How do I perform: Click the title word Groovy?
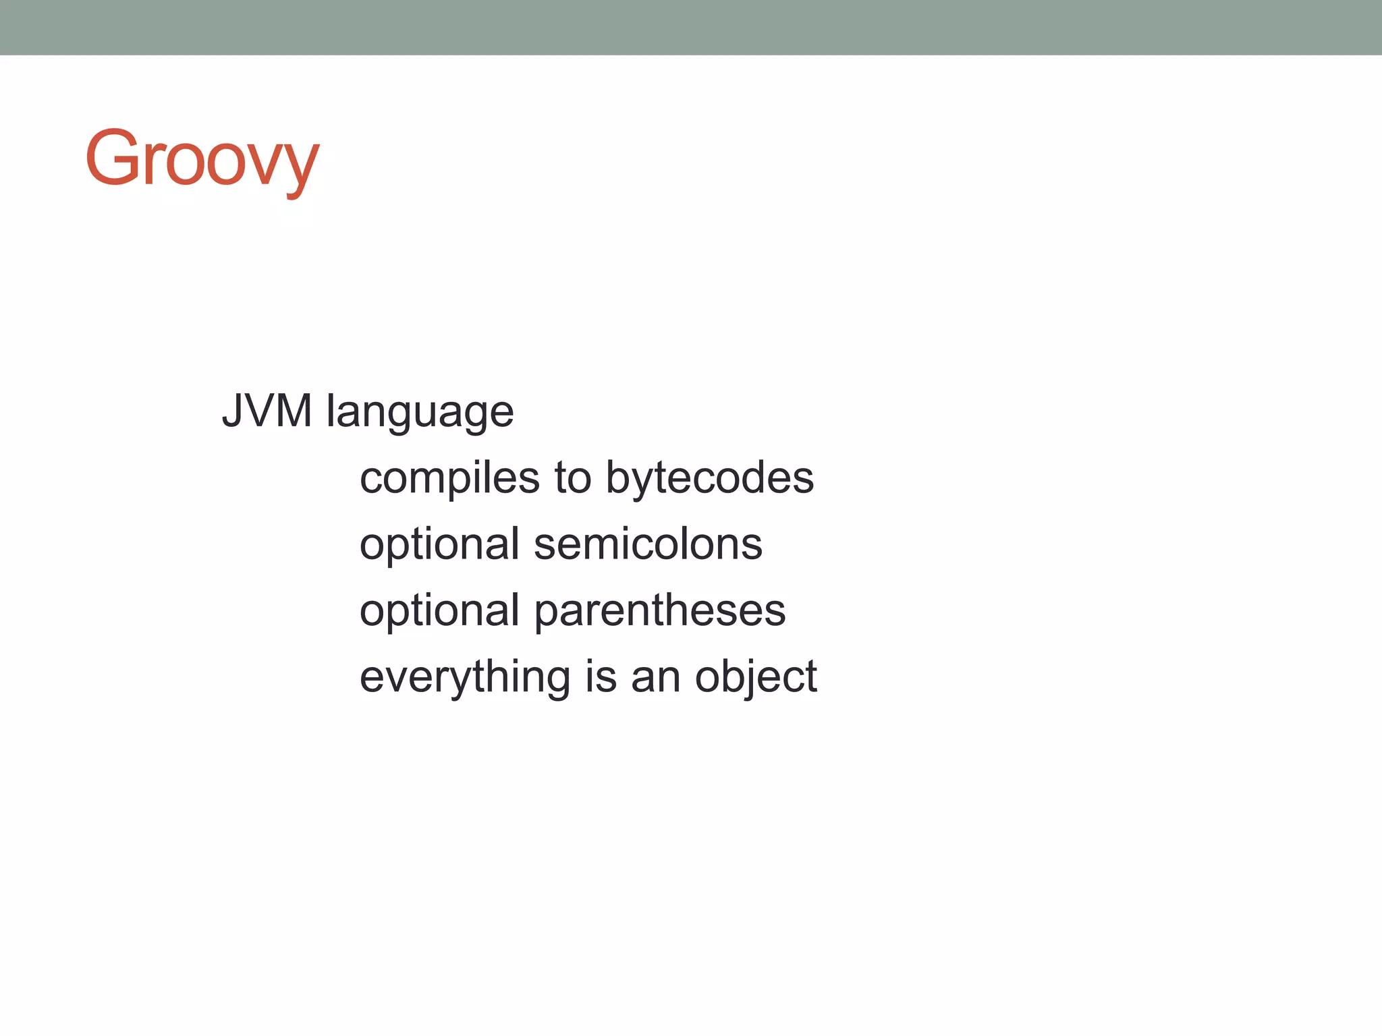point(202,159)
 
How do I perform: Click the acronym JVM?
point(267,411)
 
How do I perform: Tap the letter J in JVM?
point(232,411)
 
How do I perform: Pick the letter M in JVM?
point(293,411)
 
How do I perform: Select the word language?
point(420,413)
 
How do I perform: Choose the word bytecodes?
point(710,480)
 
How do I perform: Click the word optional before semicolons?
point(439,546)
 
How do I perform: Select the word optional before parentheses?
point(439,612)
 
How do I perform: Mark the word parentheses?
point(660,612)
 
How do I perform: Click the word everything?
point(465,678)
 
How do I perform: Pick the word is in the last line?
point(601,677)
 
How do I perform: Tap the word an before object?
point(655,678)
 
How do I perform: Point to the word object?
point(756,678)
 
